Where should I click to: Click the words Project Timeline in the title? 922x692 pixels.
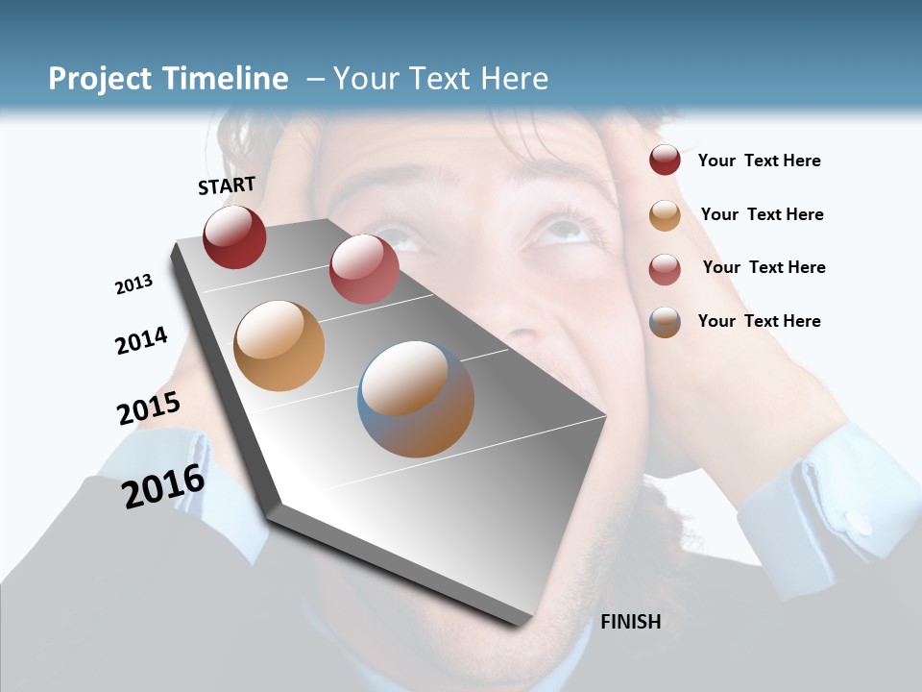click(168, 79)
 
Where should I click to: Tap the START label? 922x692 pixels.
click(227, 185)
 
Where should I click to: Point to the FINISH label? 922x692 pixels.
click(630, 622)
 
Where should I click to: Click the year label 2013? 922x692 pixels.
click(134, 284)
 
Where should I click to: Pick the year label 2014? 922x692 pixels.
click(141, 340)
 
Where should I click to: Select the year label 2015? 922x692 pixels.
click(149, 408)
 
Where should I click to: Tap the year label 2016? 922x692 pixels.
click(163, 485)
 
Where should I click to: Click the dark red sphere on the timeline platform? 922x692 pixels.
click(234, 236)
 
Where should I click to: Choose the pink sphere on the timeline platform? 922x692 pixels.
click(364, 269)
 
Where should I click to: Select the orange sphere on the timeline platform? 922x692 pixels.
click(279, 346)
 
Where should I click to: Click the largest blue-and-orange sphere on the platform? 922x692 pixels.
click(416, 399)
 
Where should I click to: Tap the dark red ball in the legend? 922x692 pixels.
click(665, 160)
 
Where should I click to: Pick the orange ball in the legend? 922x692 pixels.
click(665, 215)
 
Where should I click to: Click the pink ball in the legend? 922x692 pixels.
click(665, 269)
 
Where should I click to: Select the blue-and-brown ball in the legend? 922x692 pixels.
click(665, 322)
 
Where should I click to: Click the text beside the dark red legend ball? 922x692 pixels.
click(759, 161)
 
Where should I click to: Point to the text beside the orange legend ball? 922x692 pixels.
click(762, 214)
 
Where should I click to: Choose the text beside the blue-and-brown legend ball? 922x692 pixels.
click(759, 321)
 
